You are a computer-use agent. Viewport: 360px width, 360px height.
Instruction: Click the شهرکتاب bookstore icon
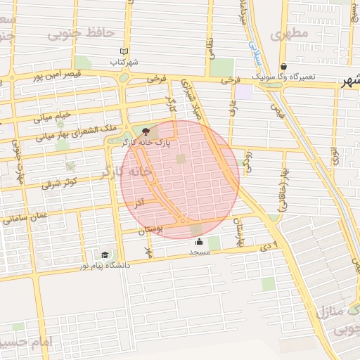point(124,51)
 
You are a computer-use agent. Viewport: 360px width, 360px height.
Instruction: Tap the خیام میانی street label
point(53,115)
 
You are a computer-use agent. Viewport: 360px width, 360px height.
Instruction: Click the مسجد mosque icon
point(198,243)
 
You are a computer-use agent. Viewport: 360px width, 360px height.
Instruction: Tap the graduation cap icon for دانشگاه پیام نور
point(105,255)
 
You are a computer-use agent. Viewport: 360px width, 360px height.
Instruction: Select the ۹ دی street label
point(269,245)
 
